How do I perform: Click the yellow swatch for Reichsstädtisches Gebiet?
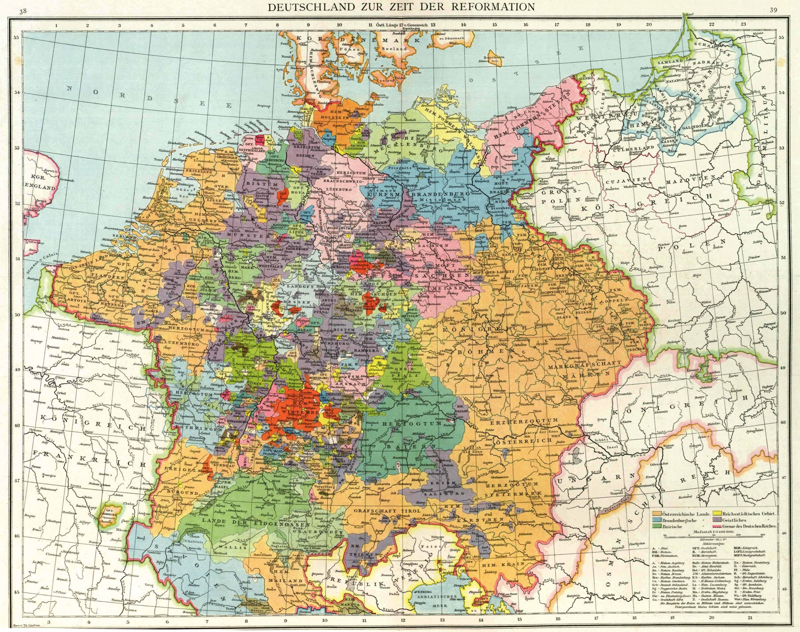718,514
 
